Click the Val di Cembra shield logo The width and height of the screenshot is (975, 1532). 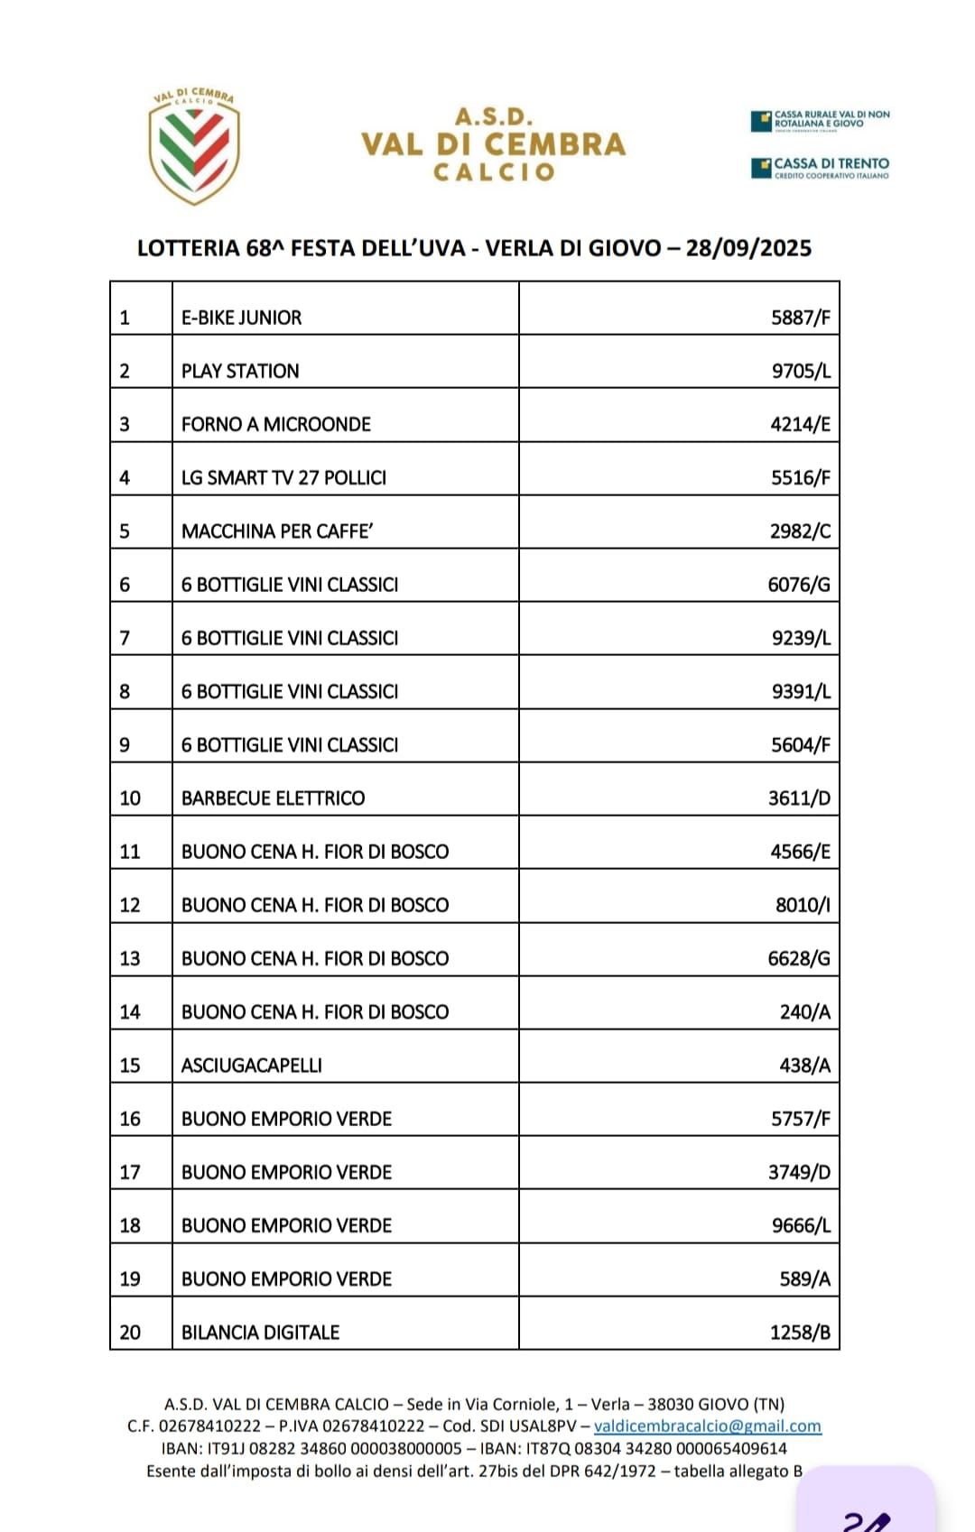tap(194, 146)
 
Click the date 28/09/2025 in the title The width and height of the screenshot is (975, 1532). tap(748, 248)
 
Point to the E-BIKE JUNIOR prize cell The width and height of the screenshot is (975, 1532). tap(241, 318)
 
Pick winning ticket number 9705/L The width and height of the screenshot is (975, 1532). tap(801, 371)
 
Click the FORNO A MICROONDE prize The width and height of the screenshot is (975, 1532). tap(275, 424)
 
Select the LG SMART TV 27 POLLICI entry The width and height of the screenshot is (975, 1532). tap(283, 477)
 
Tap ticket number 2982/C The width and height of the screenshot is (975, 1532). tap(800, 531)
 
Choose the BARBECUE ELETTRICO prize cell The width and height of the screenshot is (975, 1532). tap(273, 798)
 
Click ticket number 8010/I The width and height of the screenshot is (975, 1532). tap(803, 905)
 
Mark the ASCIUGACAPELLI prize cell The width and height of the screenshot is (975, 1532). tap(251, 1065)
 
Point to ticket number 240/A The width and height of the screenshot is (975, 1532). tap(804, 1011)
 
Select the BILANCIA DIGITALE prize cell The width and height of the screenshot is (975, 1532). tap(260, 1332)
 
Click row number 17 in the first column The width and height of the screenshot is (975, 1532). tap(130, 1172)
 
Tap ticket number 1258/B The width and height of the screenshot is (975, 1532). tap(800, 1332)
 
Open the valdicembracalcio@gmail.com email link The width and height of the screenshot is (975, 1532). tap(707, 1426)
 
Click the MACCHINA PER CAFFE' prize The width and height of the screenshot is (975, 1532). tap(277, 531)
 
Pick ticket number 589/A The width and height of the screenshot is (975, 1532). tap(804, 1278)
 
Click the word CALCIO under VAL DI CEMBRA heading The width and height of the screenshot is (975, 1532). tap(493, 171)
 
